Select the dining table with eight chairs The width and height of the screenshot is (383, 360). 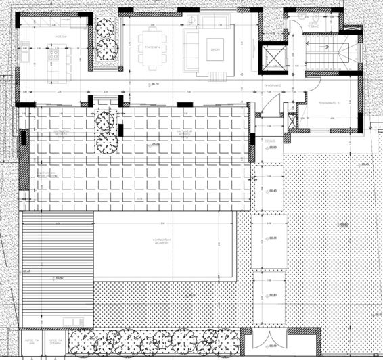click(x=152, y=49)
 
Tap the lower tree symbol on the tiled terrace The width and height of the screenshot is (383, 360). click(x=105, y=143)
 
